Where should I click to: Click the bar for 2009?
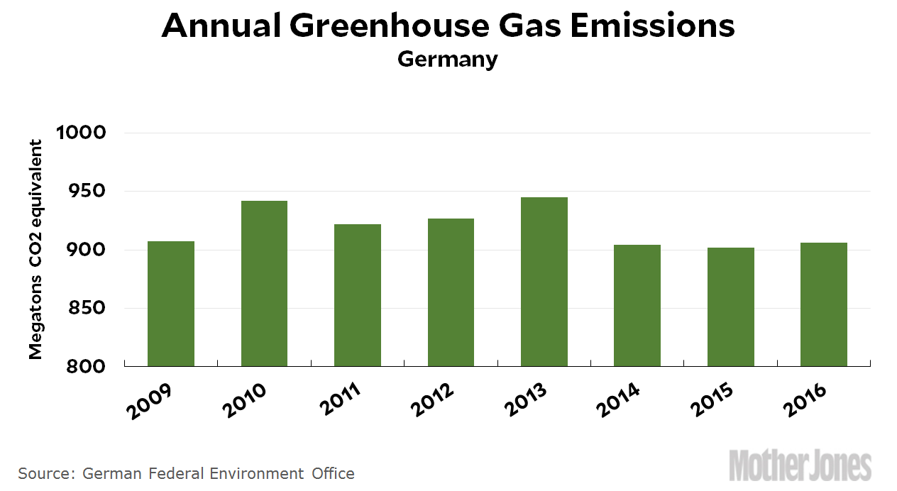click(x=170, y=304)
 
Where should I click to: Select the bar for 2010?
click(x=264, y=284)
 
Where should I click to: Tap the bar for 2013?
click(x=544, y=282)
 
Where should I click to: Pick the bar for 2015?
click(x=730, y=307)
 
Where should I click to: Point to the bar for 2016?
click(x=823, y=304)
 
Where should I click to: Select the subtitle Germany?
click(x=448, y=59)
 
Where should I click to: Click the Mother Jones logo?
click(x=800, y=465)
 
